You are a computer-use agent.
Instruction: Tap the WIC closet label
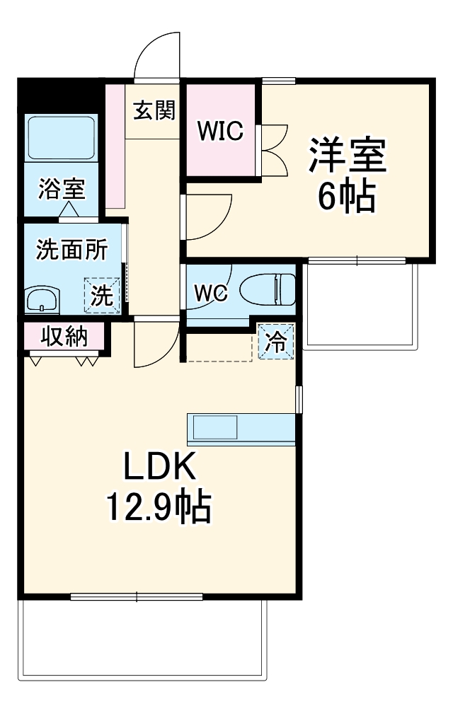220,130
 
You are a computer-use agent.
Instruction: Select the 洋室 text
347,156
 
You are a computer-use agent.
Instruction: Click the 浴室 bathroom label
62,189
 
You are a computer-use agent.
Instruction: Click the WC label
211,293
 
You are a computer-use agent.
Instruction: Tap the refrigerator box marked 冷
275,342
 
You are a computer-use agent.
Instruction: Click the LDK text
159,467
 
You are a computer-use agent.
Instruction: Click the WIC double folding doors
273,149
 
